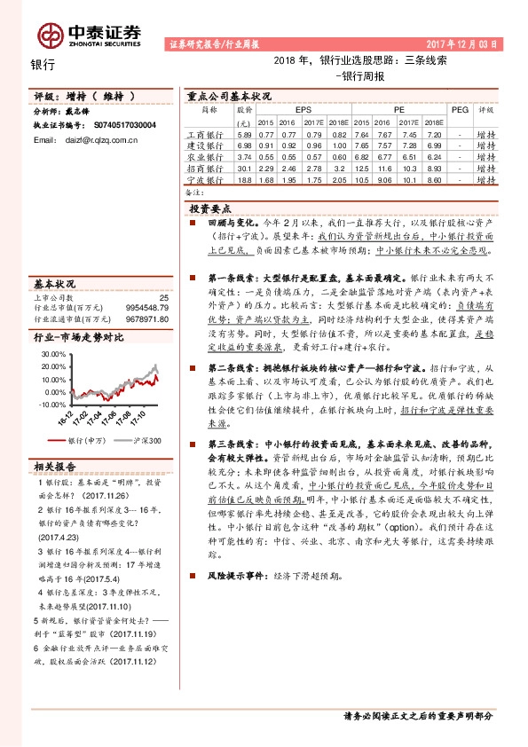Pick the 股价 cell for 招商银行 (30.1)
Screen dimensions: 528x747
pyautogui.click(x=244, y=168)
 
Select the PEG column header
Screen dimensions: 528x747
pyautogui.click(x=459, y=110)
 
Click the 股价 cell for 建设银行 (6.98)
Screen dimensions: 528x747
pyautogui.click(x=244, y=145)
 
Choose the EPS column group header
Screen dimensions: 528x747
pyautogui.click(x=290, y=110)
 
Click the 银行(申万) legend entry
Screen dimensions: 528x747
pyautogui.click(x=86, y=439)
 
